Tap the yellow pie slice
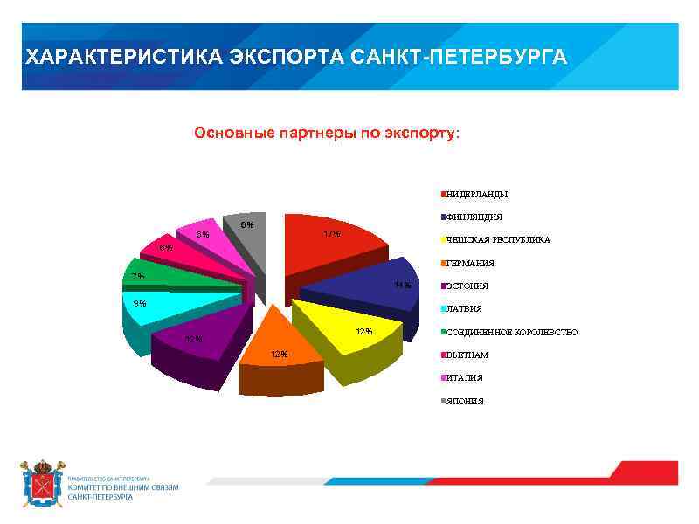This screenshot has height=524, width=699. click(x=345, y=327)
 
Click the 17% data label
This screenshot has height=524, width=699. click(x=331, y=234)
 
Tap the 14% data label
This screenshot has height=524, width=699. click(x=402, y=286)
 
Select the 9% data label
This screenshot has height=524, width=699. click(x=140, y=303)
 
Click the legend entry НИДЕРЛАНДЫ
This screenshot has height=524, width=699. click(x=477, y=194)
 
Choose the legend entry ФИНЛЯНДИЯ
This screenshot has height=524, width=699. click(x=474, y=217)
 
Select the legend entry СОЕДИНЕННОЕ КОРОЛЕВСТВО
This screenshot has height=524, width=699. click(x=511, y=332)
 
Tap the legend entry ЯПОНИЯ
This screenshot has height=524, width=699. click(x=465, y=401)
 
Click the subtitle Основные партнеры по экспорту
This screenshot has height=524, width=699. click(x=325, y=134)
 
